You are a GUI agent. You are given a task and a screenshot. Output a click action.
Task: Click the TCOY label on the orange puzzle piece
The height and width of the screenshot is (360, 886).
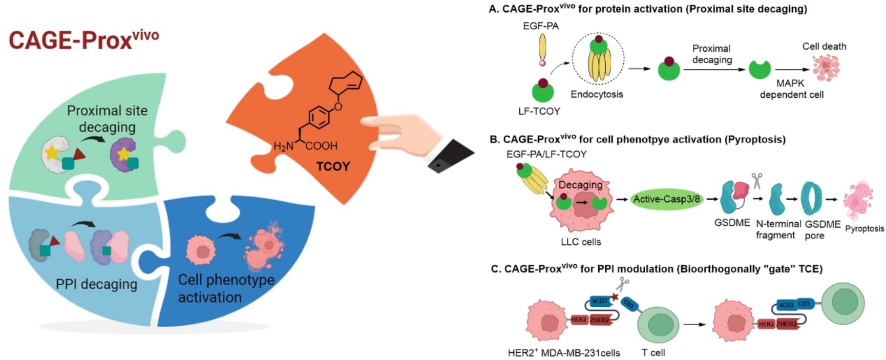point(333,166)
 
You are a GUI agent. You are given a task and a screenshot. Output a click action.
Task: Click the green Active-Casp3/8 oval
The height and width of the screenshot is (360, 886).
point(666,199)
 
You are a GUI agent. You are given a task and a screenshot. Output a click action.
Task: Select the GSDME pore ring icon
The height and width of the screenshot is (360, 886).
point(812,199)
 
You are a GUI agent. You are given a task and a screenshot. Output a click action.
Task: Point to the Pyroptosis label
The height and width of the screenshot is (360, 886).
point(864,228)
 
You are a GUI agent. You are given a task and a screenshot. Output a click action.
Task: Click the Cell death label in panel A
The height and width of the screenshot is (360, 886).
point(824,46)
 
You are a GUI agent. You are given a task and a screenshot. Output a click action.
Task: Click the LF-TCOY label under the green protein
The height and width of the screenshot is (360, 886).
point(539,111)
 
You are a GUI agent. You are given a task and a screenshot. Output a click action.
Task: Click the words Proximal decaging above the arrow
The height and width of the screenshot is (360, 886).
point(712,54)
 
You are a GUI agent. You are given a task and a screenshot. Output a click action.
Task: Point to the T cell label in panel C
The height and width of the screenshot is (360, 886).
point(653,352)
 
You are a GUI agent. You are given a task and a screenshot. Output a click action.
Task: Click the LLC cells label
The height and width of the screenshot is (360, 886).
point(580,242)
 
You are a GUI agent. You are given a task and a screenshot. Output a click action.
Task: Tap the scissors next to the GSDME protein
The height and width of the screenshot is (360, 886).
point(756,180)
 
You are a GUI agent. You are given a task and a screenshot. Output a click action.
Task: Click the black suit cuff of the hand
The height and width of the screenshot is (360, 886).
point(451,156)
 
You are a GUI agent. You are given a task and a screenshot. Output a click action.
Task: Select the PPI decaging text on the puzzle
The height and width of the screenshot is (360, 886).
point(96,284)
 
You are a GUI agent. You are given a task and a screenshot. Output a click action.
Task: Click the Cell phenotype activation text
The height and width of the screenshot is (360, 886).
point(226,288)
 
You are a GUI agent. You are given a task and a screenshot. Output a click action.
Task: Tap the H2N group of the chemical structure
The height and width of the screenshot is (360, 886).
point(283,146)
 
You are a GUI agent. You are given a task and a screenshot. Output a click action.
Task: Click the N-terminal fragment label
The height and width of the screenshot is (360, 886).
point(778,229)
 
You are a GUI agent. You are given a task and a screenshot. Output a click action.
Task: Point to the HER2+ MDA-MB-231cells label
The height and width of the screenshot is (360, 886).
point(563,353)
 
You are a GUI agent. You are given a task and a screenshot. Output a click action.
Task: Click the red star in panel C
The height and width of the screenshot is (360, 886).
point(615,297)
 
